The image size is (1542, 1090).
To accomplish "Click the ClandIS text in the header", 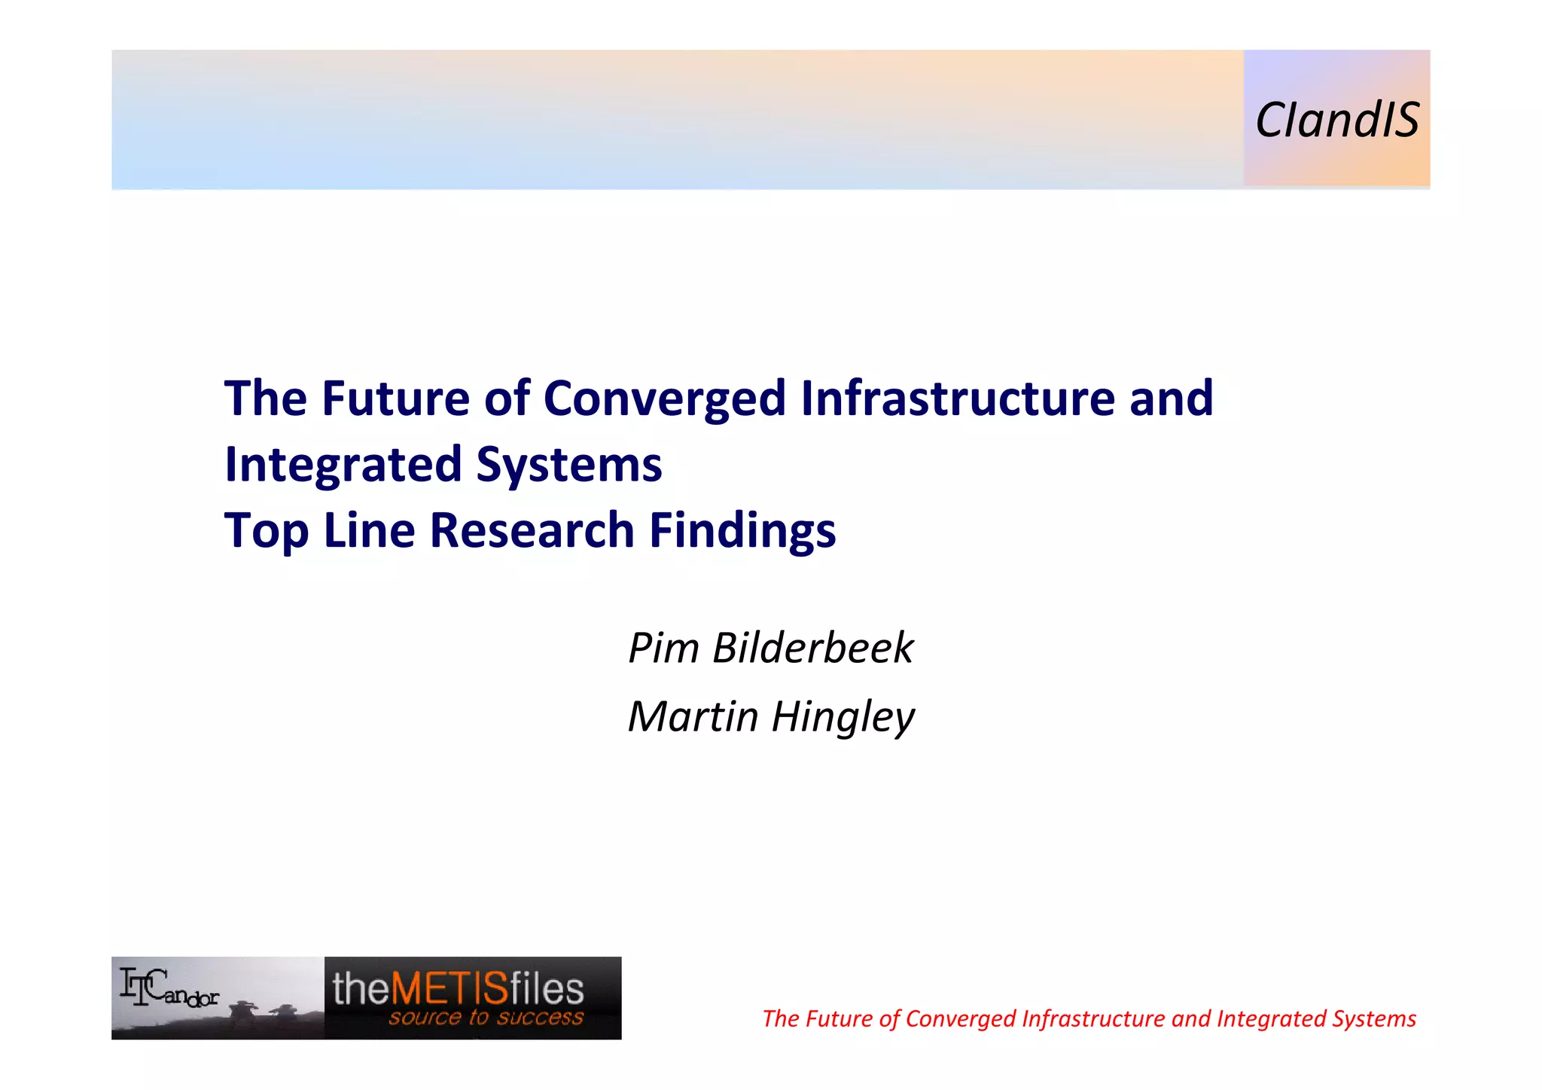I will coord(1336,121).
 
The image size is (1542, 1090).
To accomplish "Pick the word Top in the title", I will coord(266,530).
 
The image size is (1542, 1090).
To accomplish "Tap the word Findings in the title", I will coord(742,530).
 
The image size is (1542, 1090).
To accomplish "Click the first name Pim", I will coord(663,648).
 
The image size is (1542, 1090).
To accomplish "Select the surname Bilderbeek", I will coord(812,648).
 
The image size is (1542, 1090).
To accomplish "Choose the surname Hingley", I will coord(843,716).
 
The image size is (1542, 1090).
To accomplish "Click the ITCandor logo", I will coord(170,988).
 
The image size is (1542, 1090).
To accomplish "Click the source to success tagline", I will coord(486,1018).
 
